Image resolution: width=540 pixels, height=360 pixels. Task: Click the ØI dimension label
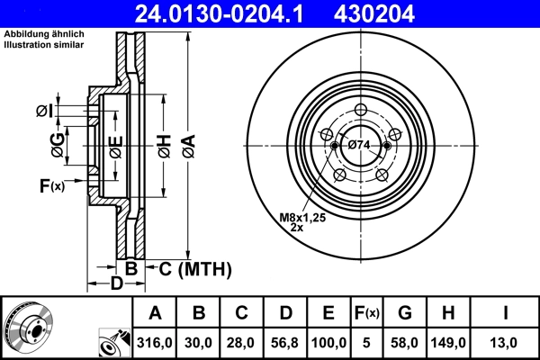point(44,111)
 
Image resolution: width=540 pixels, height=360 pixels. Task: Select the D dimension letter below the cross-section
point(117,285)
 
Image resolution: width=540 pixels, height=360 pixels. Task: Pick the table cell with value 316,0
point(155,343)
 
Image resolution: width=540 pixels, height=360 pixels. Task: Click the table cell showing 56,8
point(284,343)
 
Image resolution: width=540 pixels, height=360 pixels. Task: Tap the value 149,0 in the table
point(449,343)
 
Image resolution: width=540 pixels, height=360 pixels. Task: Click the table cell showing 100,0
point(328,343)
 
